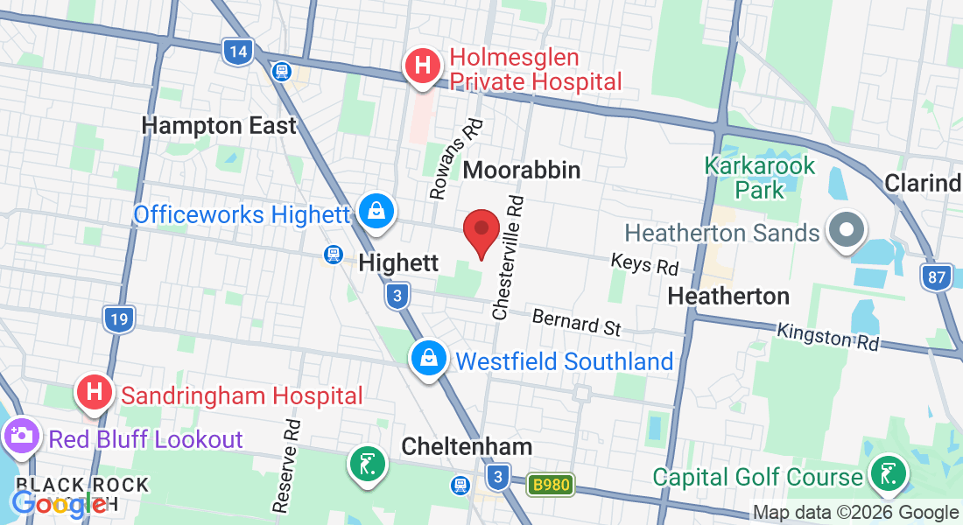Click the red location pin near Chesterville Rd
click(481, 231)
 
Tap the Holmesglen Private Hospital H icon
click(423, 66)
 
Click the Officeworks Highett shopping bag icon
click(376, 211)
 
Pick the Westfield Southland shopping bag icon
click(429, 357)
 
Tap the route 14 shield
click(235, 52)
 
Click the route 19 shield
click(118, 318)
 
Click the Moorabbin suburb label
click(522, 170)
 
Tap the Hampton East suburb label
click(219, 126)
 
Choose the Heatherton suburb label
click(728, 297)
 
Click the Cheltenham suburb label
click(467, 447)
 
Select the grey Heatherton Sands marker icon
click(847, 232)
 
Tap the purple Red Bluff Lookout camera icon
click(20, 435)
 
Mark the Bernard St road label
click(576, 321)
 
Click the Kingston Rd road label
click(827, 336)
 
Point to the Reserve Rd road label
click(287, 465)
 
